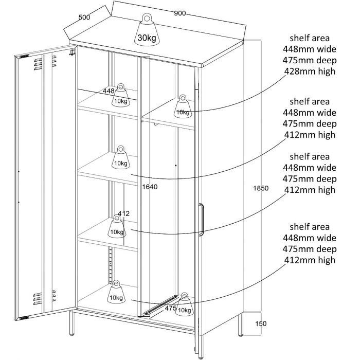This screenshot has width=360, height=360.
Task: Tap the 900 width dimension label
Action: click(180, 13)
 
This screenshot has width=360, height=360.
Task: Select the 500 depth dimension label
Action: click(84, 17)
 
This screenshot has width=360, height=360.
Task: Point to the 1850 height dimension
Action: click(261, 188)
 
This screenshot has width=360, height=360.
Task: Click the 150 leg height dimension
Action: click(261, 323)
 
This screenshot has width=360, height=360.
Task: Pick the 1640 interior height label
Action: click(150, 187)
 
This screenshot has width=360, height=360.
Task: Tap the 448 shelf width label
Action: click(109, 91)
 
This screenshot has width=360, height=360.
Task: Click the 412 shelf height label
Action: click(124, 213)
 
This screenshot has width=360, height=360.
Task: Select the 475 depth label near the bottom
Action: click(171, 308)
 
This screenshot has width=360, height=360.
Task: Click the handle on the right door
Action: click(202, 220)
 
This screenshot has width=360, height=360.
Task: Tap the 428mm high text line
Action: click(310, 71)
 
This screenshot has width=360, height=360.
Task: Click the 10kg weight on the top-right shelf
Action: click(183, 106)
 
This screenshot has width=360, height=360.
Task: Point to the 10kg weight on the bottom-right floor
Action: click(184, 304)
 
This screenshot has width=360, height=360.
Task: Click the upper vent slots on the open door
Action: click(45, 63)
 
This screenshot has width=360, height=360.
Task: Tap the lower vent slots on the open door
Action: click(45, 298)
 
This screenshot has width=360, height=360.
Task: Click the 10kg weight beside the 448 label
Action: click(121, 95)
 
